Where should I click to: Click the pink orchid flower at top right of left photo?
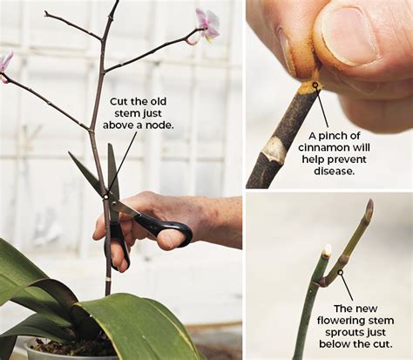(206, 24)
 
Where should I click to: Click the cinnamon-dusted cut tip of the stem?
(307, 87)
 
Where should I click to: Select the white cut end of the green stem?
(327, 251)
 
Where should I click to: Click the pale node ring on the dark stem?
(273, 150)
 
